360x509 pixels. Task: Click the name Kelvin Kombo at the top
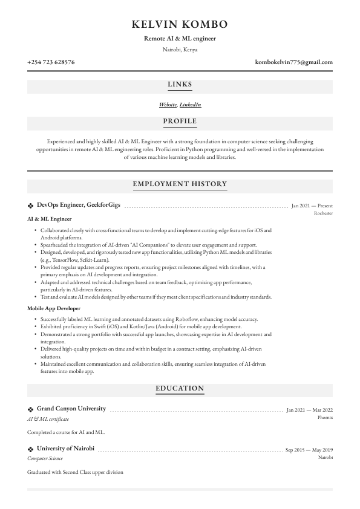[x=180, y=24]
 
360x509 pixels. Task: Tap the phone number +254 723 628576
[x=51, y=62]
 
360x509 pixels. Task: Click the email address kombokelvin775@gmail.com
[x=294, y=62]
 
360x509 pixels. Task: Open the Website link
[x=168, y=105]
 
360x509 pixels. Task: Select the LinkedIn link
[x=190, y=105]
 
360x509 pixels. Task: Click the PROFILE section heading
[x=180, y=122]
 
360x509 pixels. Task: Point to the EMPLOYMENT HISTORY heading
[x=180, y=184]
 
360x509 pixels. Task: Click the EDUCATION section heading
[x=180, y=389]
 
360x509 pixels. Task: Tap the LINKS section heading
[x=180, y=85]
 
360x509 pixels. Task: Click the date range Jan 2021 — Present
[x=312, y=206]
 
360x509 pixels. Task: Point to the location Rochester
[x=323, y=213]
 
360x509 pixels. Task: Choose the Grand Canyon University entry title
[x=71, y=409]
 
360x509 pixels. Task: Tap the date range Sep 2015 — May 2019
[x=309, y=450]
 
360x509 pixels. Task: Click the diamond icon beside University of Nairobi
[x=31, y=449]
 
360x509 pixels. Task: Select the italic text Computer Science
[x=45, y=459]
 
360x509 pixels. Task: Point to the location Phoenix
[x=325, y=417]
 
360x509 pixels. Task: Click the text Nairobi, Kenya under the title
[x=180, y=50]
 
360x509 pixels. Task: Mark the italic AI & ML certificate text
[x=48, y=419]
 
